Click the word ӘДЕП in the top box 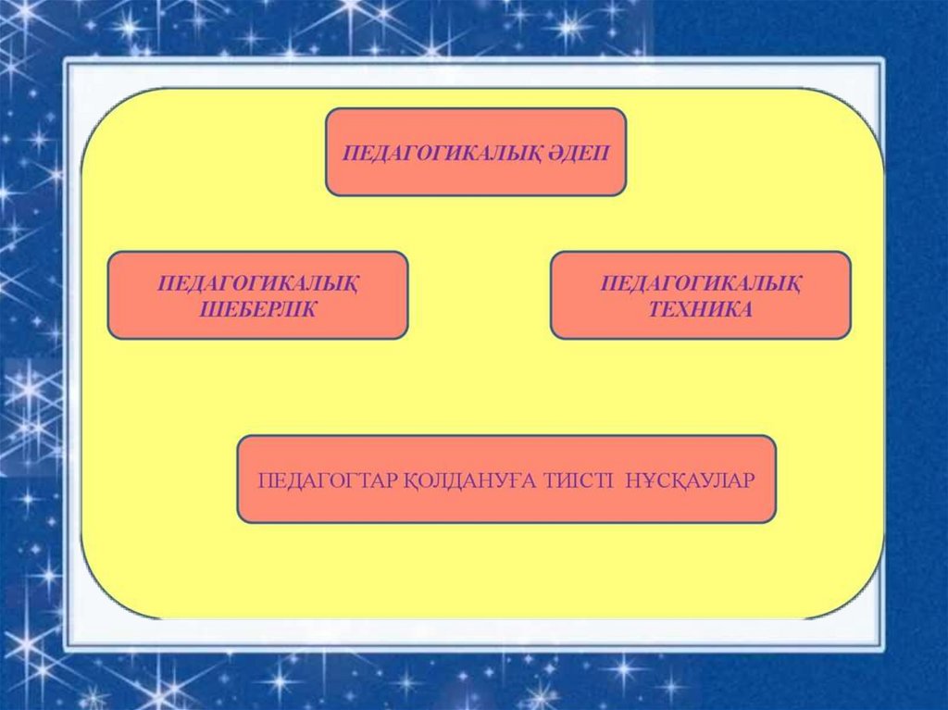coord(580,153)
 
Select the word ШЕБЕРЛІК coord(258,309)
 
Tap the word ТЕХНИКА coord(701,309)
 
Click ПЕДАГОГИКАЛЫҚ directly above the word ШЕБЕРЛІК coord(258,282)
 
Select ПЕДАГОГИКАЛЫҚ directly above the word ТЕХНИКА coord(701,282)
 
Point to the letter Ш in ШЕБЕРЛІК coord(209,309)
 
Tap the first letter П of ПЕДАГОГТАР coord(264,480)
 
